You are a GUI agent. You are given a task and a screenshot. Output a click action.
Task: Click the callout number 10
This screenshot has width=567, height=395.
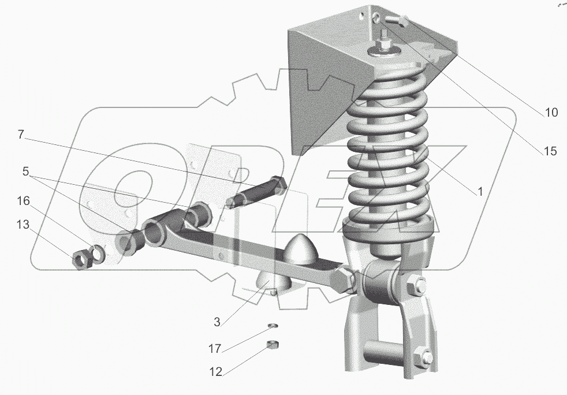(x=551, y=113)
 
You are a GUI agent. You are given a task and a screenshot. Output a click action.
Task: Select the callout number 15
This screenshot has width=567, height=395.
(x=550, y=151)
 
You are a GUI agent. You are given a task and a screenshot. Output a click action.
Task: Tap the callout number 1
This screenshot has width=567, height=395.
(x=480, y=191)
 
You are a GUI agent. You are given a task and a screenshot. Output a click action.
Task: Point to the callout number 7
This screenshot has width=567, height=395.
(x=21, y=135)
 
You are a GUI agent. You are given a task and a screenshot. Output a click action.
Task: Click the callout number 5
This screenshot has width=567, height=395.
(x=25, y=171)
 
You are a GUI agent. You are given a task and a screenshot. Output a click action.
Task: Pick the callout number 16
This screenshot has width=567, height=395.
(x=23, y=201)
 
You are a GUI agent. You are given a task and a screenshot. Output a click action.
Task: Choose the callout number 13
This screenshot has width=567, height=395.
(x=23, y=225)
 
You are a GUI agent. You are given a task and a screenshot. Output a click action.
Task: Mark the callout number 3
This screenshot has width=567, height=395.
(x=217, y=322)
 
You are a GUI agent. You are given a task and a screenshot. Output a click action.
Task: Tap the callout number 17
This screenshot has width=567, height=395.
(x=215, y=349)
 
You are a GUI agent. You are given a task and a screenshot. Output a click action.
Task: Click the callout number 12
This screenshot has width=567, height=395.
(x=215, y=372)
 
